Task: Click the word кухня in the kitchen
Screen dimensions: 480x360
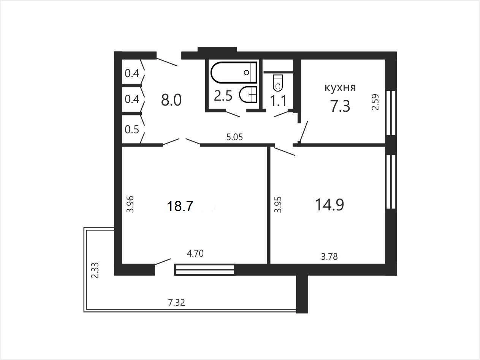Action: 340,88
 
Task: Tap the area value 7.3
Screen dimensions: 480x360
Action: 340,106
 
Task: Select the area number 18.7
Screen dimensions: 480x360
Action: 180,206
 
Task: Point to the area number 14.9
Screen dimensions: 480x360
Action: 330,205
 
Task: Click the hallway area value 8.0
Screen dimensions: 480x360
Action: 171,101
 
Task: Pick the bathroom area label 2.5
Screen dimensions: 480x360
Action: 223,96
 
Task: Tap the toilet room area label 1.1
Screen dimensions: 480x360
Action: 278,101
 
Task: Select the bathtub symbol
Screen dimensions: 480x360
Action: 234,73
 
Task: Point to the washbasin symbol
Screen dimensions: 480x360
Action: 248,95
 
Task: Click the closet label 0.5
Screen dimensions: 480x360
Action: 132,129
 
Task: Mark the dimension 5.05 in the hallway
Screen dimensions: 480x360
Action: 234,137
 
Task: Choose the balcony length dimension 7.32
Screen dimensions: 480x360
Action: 176,303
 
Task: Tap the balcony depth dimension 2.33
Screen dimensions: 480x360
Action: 95,270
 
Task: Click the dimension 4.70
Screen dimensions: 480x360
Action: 195,253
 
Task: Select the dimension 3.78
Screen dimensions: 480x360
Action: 330,257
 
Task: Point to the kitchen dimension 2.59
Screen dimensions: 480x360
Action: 375,102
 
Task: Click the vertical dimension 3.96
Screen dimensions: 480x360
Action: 130,204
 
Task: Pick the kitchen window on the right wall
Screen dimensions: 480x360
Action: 391,113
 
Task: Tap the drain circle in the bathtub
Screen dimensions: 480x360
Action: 246,73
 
